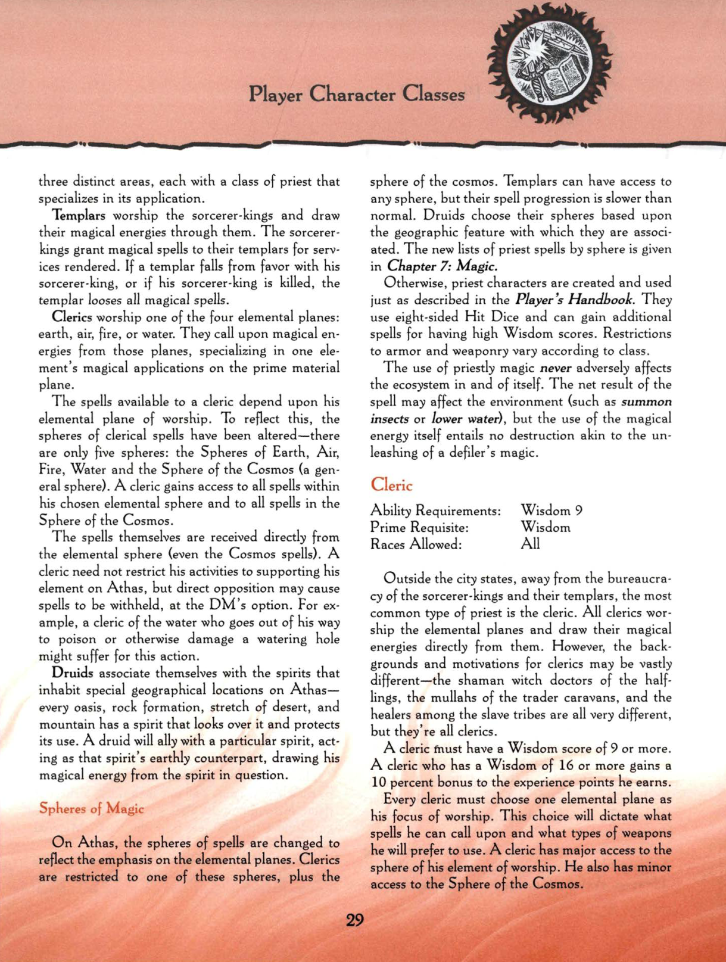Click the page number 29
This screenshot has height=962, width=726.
tap(355, 920)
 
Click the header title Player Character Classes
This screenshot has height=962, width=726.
tap(357, 94)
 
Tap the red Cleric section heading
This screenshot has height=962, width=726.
tap(391, 484)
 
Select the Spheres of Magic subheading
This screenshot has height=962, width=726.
tap(91, 808)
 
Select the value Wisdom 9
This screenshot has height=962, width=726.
tap(551, 510)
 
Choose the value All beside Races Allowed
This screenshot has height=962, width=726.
tap(530, 544)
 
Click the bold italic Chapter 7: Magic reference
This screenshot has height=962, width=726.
tap(443, 266)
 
